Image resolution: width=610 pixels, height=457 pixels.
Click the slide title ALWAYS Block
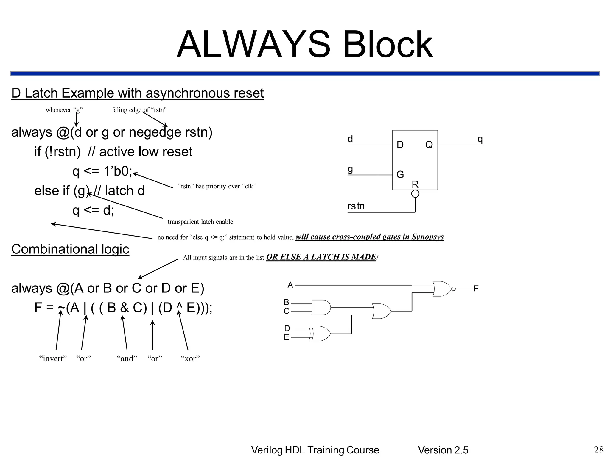point(304,45)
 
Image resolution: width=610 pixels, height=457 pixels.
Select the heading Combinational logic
point(70,249)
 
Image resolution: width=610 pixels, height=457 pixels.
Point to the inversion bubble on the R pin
point(415,194)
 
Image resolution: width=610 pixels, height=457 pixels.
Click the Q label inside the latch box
point(429,145)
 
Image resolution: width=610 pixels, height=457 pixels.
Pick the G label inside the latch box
point(400,174)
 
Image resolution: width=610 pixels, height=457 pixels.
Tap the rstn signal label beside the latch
point(356,206)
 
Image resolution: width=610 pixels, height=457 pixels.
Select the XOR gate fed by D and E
point(320,334)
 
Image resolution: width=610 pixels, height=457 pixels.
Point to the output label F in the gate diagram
point(476,289)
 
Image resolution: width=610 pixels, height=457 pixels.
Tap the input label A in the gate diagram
point(290,285)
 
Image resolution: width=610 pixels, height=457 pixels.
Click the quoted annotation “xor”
point(190,359)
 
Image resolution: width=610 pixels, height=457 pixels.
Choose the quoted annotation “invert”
point(53,359)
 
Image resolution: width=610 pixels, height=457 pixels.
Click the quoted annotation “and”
point(127,359)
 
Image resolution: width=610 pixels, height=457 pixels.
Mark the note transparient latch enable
point(200,222)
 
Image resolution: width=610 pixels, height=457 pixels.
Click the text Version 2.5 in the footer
point(443,450)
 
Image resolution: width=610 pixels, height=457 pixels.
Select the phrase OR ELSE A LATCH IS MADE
point(321,257)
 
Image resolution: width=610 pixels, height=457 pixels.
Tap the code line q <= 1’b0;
point(102,171)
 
